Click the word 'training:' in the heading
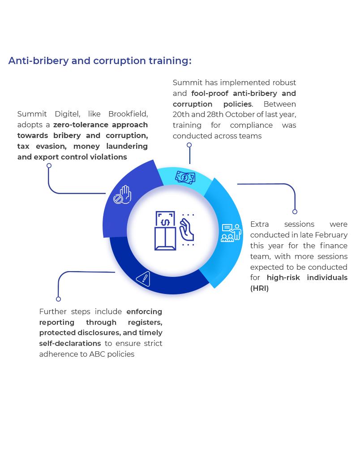[170, 61]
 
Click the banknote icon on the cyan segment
[185, 177]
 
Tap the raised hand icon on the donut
[122, 195]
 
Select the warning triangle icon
[143, 279]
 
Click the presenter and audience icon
[231, 233]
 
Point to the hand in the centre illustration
[187, 230]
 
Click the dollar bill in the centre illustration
[165, 220]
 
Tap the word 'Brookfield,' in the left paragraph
[128, 114]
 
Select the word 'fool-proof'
[210, 94]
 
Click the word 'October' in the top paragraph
[240, 115]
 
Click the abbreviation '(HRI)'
[260, 289]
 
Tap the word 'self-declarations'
[70, 344]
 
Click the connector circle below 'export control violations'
[49, 166]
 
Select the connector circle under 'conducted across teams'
[189, 145]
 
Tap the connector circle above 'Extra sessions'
[295, 212]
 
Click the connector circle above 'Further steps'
[58, 299]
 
